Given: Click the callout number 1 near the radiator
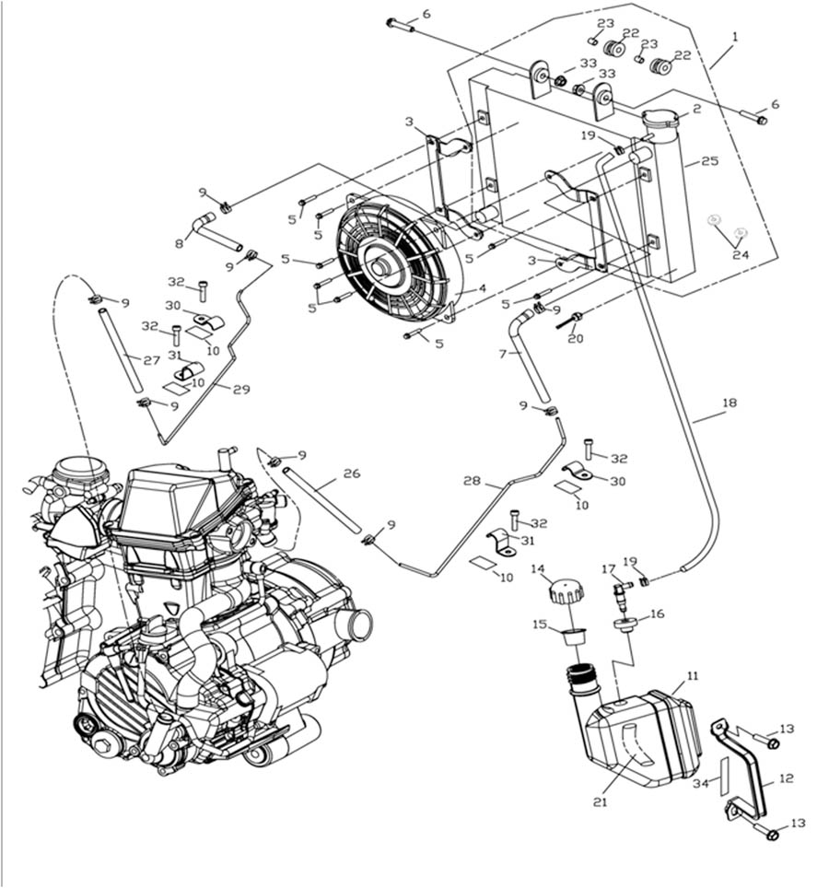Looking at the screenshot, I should (x=735, y=37).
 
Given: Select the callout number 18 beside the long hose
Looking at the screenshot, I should (x=730, y=403).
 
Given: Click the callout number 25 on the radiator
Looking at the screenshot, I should (x=709, y=161).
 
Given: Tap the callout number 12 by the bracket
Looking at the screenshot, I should (x=786, y=778).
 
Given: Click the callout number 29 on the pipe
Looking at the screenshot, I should (x=241, y=390).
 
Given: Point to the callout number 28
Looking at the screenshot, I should (x=473, y=482).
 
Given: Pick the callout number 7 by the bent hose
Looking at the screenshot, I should (x=503, y=354).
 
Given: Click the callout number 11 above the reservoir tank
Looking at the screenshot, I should (x=692, y=676).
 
